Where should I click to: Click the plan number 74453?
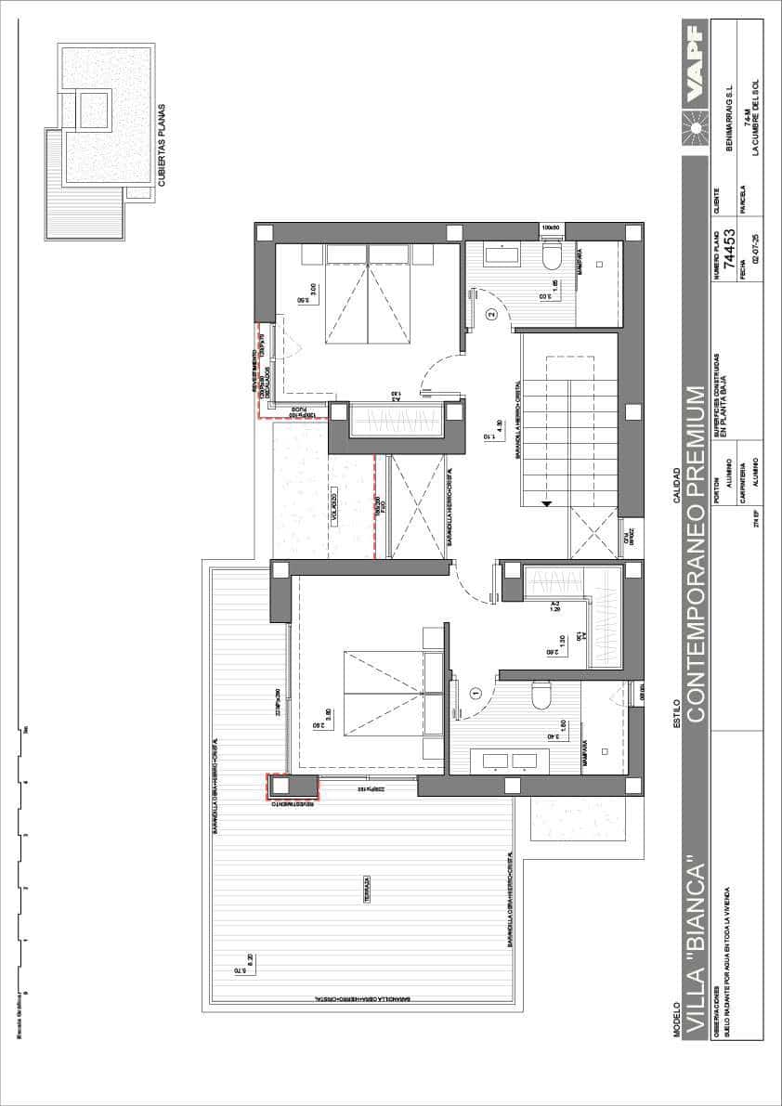(729, 248)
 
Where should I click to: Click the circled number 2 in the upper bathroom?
(492, 315)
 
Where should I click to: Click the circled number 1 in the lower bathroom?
(476, 692)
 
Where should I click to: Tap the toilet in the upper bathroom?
(550, 254)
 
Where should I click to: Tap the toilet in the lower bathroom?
(540, 694)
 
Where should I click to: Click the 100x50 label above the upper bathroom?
(552, 227)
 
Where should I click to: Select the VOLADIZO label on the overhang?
(332, 512)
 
